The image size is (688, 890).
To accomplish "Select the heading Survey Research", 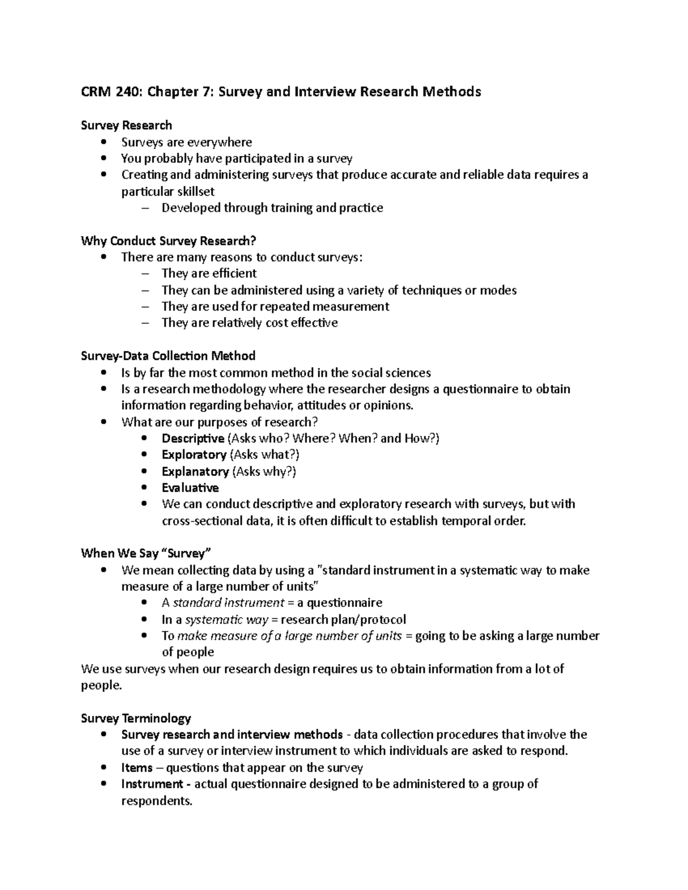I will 127,126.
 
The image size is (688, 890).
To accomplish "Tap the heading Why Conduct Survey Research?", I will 169,241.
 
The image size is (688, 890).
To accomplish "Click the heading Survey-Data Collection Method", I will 168,356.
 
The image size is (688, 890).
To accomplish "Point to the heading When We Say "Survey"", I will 146,554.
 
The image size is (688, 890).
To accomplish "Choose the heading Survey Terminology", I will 136,719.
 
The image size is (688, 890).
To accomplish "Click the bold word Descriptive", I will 193,439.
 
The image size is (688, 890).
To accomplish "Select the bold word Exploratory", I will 194,455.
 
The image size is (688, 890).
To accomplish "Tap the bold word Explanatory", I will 195,472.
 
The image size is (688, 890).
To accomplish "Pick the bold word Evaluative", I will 190,488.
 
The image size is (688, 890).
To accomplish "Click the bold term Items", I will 136,768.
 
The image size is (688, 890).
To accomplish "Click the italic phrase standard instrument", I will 228,603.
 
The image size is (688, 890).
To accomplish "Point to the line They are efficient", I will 209,273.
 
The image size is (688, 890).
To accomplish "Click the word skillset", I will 191,191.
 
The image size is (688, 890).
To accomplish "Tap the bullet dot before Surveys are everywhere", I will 103,142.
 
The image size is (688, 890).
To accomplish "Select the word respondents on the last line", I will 156,801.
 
